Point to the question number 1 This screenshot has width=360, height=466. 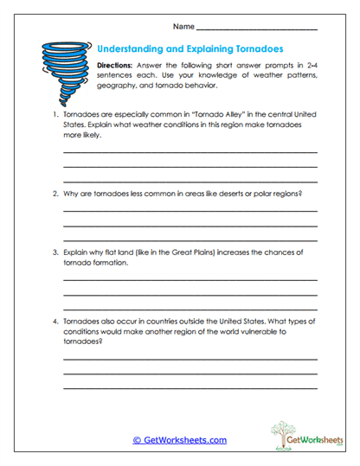tap(54, 114)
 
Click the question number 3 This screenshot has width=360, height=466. tap(54, 252)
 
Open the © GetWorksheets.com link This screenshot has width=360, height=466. tap(180, 439)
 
